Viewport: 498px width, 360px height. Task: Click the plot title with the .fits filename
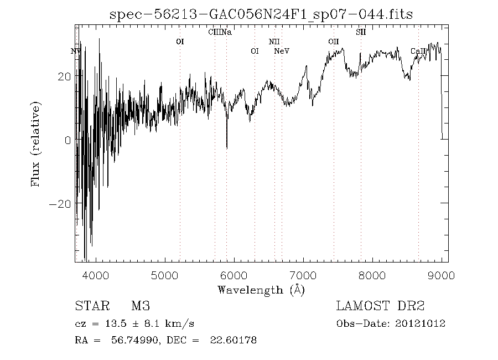pyautogui.click(x=261, y=14)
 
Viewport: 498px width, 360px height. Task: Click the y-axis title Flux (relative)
pyautogui.click(x=37, y=143)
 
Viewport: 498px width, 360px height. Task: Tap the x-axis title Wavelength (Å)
pyautogui.click(x=261, y=289)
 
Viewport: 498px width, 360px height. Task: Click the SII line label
pyautogui.click(x=361, y=32)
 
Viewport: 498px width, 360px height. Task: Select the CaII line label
pyautogui.click(x=418, y=51)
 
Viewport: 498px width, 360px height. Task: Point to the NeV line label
pyautogui.click(x=282, y=51)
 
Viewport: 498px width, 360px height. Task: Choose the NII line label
pyautogui.click(x=274, y=42)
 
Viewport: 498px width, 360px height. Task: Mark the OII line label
pyautogui.click(x=333, y=42)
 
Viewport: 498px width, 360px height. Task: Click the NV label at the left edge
pyautogui.click(x=76, y=51)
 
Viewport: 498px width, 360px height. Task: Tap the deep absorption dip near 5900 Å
pyautogui.click(x=226, y=145)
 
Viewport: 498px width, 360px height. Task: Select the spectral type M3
pyautogui.click(x=141, y=306)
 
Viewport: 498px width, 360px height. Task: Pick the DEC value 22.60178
pyautogui.click(x=233, y=340)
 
